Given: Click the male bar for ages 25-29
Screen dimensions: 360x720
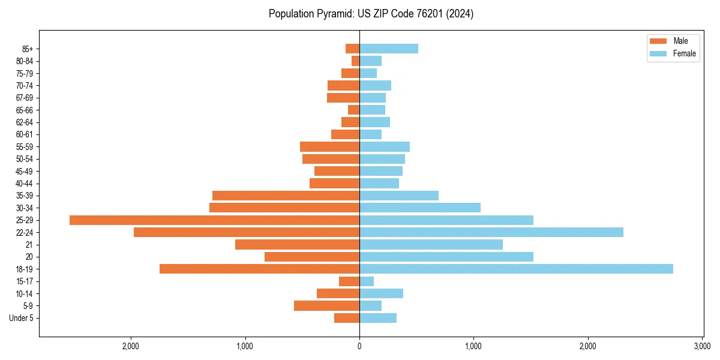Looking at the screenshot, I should pyautogui.click(x=214, y=220).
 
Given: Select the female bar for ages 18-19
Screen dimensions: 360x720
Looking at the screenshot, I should pyautogui.click(x=516, y=269).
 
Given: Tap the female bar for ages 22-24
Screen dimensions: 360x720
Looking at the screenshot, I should pyautogui.click(x=491, y=232).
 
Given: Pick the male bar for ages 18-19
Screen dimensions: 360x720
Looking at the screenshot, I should pyautogui.click(x=259, y=269).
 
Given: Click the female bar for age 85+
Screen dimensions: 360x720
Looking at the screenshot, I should pyautogui.click(x=388, y=49).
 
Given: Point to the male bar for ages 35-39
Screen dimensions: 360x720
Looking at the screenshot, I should pyautogui.click(x=286, y=196).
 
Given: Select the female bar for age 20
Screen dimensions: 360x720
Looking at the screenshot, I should pyautogui.click(x=446, y=257).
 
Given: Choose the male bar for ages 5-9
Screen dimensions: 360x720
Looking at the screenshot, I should pyautogui.click(x=326, y=306).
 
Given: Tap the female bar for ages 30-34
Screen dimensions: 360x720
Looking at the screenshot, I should pyautogui.click(x=419, y=208).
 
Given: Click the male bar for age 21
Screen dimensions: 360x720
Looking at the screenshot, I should pyautogui.click(x=297, y=245).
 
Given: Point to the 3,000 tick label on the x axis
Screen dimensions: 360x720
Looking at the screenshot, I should pyautogui.click(x=702, y=346).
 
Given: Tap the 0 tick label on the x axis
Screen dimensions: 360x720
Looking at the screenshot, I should pyautogui.click(x=359, y=346).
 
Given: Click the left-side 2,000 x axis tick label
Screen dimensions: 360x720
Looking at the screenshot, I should pyautogui.click(x=130, y=346).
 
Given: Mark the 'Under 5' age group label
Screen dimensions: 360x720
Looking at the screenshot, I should pyautogui.click(x=21, y=318).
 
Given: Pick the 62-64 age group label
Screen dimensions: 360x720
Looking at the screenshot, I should pyautogui.click(x=24, y=122).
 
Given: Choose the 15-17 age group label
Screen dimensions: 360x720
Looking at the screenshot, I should pyautogui.click(x=24, y=281).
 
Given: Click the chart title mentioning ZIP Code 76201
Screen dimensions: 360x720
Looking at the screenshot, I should pyautogui.click(x=371, y=14).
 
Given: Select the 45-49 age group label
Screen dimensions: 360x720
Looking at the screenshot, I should pyautogui.click(x=24, y=171).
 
